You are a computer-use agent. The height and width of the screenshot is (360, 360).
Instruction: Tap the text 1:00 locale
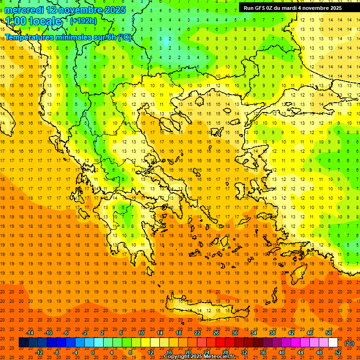33,21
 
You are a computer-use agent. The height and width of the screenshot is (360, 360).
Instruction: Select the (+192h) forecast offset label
83,21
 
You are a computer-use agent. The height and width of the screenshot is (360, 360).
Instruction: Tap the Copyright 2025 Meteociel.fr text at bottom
199,356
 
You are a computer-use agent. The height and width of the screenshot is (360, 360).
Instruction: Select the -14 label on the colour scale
30,333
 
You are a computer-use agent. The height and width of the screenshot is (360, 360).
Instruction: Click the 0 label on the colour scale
92,352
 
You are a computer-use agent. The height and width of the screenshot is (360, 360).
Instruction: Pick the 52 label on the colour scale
338,352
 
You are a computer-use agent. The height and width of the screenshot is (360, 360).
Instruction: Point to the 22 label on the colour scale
197,333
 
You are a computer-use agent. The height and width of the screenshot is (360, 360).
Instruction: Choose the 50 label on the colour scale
329,333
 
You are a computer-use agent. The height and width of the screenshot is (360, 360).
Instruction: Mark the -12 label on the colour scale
39,352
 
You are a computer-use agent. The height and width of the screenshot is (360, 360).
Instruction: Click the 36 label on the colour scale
263,352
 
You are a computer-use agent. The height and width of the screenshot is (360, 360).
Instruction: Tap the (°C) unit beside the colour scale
349,343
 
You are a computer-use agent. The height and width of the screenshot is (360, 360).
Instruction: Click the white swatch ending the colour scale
333,343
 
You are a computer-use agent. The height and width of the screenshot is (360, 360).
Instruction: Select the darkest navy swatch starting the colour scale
23,343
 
